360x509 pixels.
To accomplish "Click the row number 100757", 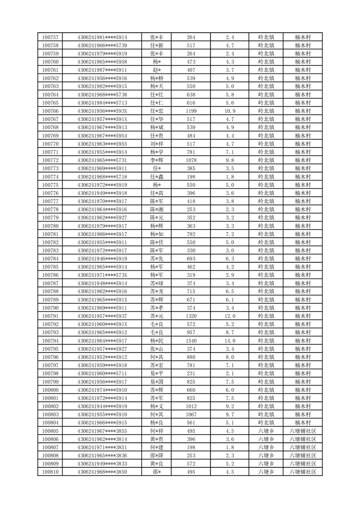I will (x=50, y=37).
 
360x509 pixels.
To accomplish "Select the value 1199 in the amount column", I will (x=191, y=111).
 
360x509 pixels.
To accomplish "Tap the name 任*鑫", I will (x=156, y=177).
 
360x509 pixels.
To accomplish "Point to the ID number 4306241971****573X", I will (x=102, y=275).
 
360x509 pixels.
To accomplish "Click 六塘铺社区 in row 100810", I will (x=302, y=472).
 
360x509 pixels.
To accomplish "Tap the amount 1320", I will (x=191, y=316).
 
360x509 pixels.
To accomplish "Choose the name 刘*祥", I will (x=156, y=144).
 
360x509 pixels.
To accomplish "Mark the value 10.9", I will (x=230, y=111).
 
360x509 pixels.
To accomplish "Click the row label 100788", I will (x=50, y=292).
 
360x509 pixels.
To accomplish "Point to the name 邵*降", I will (x=156, y=455).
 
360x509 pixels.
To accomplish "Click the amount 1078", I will (x=191, y=161).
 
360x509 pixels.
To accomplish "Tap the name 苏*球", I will (x=156, y=284).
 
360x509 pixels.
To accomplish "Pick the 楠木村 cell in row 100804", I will (x=302, y=423).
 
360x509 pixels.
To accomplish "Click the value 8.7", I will (x=230, y=333).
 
